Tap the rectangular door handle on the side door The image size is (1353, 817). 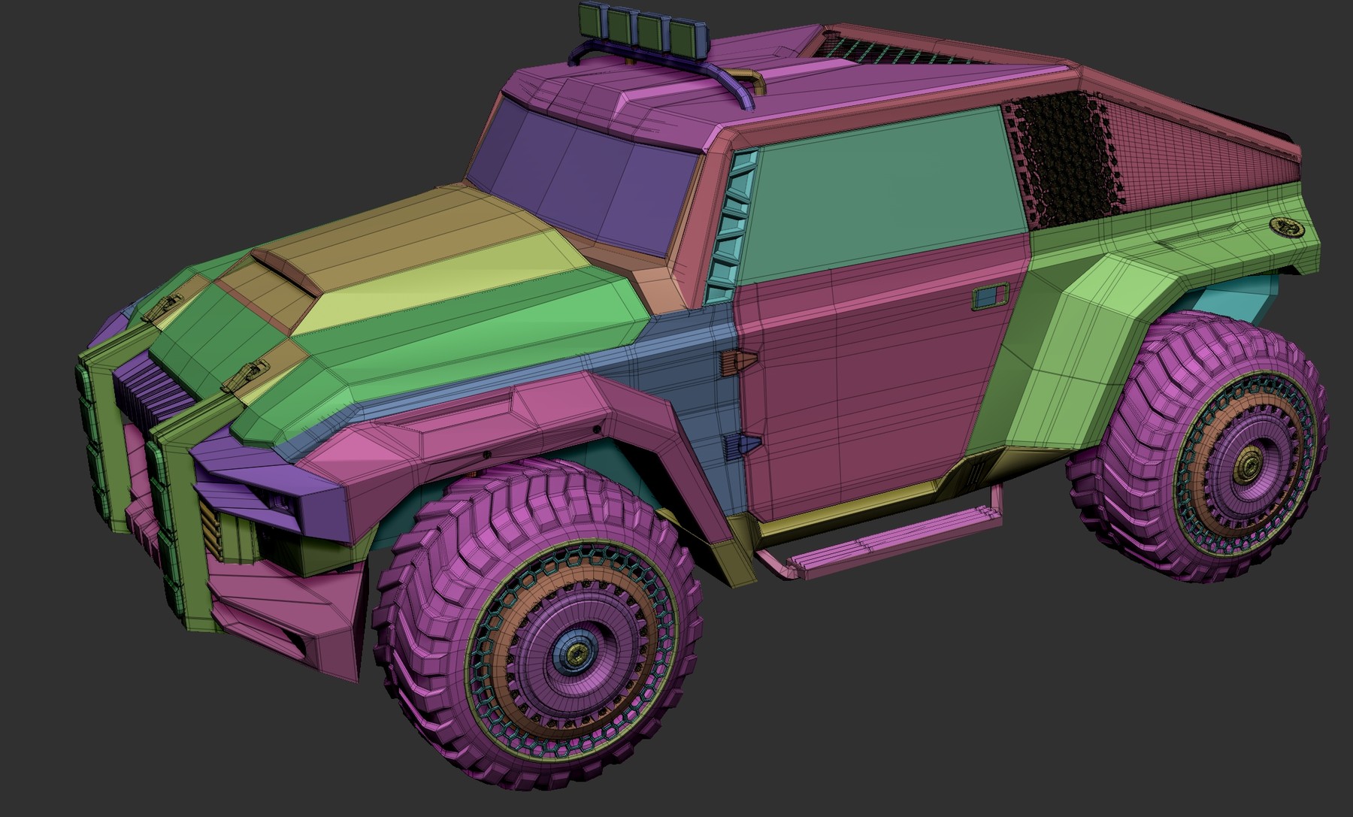click(x=990, y=297)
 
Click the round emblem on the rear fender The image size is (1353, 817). click(x=1287, y=226)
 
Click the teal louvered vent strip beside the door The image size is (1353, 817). click(x=733, y=225)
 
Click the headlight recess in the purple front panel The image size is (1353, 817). click(x=282, y=502)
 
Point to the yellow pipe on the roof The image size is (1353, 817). click(x=752, y=80)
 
